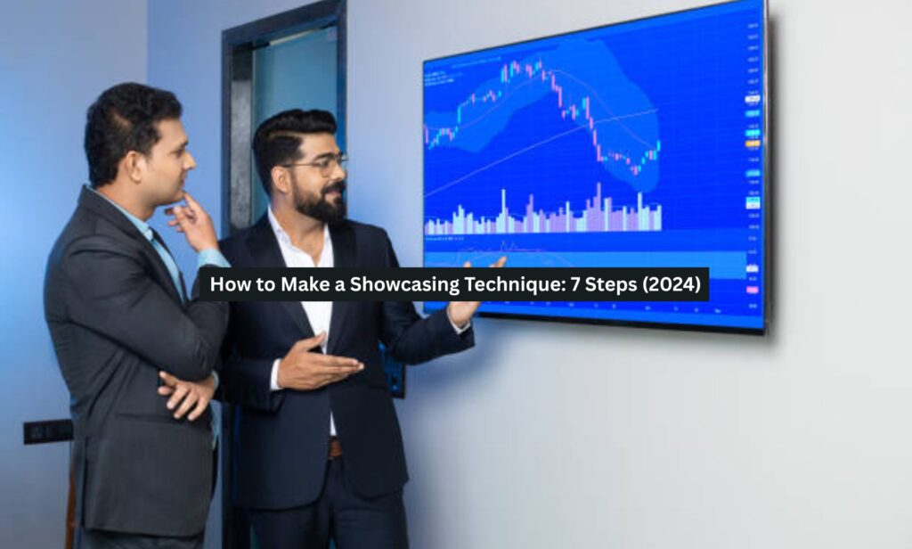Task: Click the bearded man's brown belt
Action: (335, 447)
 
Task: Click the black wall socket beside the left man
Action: (47, 431)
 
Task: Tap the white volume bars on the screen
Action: (543, 217)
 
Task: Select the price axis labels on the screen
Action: (753, 134)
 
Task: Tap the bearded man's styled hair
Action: (289, 134)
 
